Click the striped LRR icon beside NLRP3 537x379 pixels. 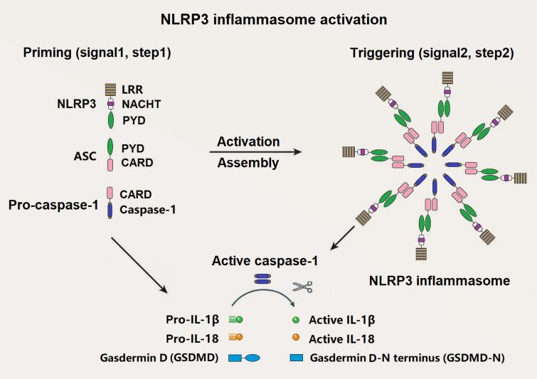click(x=111, y=90)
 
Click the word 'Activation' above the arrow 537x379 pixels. click(x=248, y=142)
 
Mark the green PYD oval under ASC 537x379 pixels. click(x=111, y=147)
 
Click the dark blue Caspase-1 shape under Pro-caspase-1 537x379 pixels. click(x=111, y=210)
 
